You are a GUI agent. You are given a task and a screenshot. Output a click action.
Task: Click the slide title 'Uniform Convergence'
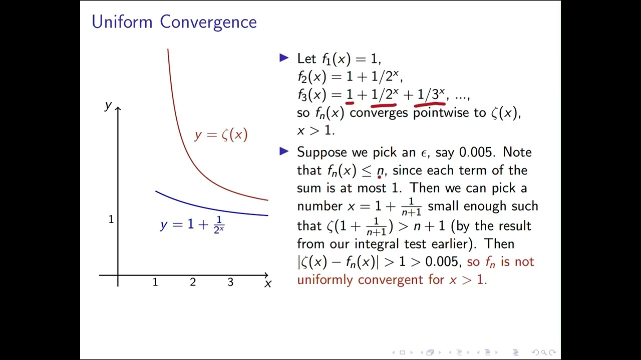[x=174, y=22]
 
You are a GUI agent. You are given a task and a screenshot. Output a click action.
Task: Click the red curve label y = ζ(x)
[x=221, y=134]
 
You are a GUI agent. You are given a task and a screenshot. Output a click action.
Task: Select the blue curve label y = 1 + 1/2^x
[x=192, y=225]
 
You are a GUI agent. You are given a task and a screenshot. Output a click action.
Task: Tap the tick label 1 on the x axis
[x=155, y=282]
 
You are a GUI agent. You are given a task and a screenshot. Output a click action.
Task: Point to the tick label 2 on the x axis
[x=193, y=282]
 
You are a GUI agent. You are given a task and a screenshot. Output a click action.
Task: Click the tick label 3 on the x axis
[x=230, y=282]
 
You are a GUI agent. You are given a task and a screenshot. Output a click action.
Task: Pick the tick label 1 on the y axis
[x=111, y=219]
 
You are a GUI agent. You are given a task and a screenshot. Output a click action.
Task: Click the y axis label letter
[x=108, y=105]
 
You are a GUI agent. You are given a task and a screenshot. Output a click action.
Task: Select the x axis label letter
[x=268, y=284]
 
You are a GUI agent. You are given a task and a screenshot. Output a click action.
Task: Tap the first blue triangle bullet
[x=284, y=58]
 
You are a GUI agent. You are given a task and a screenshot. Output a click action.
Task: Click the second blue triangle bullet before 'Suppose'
[x=284, y=151]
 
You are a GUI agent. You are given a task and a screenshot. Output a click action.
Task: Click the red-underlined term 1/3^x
[x=431, y=94]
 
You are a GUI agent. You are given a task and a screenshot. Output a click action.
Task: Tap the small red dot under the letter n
[x=380, y=176]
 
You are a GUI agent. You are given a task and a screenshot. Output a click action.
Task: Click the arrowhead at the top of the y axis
[x=118, y=108]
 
